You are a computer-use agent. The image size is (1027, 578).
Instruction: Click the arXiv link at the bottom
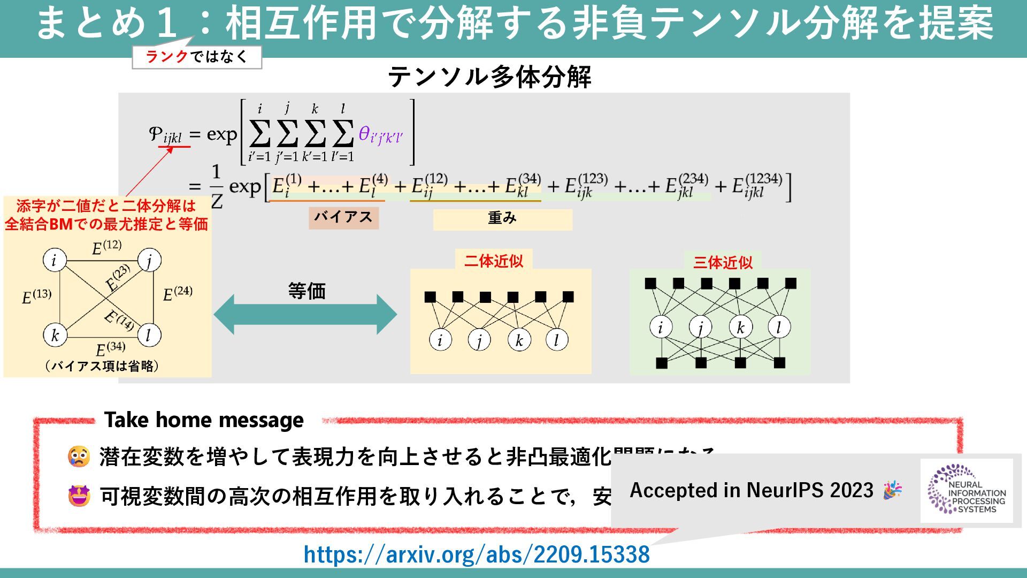pyautogui.click(x=476, y=554)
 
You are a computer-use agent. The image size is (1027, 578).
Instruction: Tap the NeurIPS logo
pyautogui.click(x=967, y=490)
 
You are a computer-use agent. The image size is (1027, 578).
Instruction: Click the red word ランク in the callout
pyautogui.click(x=167, y=57)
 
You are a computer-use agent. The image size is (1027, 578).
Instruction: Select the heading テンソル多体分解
pyautogui.click(x=489, y=77)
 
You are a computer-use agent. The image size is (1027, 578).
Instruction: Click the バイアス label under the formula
pyautogui.click(x=343, y=217)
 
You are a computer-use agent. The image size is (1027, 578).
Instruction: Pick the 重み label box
pyautogui.click(x=502, y=219)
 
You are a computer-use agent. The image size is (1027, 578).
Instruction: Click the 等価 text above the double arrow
pyautogui.click(x=306, y=291)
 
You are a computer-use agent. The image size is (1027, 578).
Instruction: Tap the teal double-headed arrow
pyautogui.click(x=305, y=315)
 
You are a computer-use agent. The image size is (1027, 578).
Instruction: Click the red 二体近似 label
pyautogui.click(x=493, y=261)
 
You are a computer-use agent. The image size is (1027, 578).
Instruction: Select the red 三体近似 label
pyautogui.click(x=723, y=262)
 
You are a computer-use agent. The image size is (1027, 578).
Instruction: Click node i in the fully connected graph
pyautogui.click(x=55, y=260)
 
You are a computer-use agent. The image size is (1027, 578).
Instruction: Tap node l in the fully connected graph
pyautogui.click(x=149, y=336)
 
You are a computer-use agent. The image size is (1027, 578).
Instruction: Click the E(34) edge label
pyautogui.click(x=110, y=349)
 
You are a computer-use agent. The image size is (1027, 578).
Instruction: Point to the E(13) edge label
pyautogui.click(x=36, y=296)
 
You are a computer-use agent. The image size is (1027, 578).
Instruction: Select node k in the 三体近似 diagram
pyautogui.click(x=740, y=327)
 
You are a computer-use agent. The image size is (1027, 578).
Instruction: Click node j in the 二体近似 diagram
pyautogui.click(x=479, y=340)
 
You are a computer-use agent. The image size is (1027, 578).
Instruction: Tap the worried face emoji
pyautogui.click(x=79, y=457)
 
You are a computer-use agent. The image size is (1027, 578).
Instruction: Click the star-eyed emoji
pyautogui.click(x=79, y=496)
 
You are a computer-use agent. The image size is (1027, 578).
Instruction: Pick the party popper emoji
pyautogui.click(x=892, y=490)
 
